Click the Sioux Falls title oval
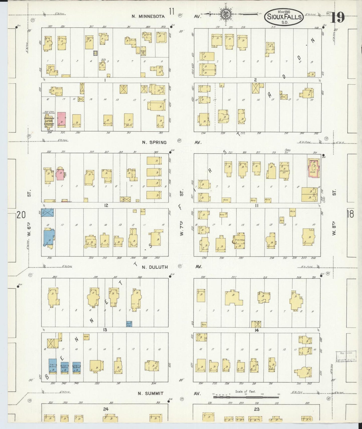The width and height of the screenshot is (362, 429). [284, 17]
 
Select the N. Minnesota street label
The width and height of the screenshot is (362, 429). [148, 17]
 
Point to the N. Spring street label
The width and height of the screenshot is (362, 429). [154, 142]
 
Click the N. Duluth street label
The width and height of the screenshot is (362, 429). [155, 267]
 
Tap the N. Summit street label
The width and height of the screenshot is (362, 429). [151, 393]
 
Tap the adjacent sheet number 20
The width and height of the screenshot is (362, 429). [21, 215]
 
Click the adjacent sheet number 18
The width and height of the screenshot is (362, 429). [350, 214]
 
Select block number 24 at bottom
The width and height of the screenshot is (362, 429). [106, 409]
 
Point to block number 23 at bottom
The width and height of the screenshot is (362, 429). [257, 409]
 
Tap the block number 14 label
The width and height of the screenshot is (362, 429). [256, 330]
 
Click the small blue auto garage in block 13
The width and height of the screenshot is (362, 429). [129, 324]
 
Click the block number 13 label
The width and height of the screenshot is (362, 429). [105, 330]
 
